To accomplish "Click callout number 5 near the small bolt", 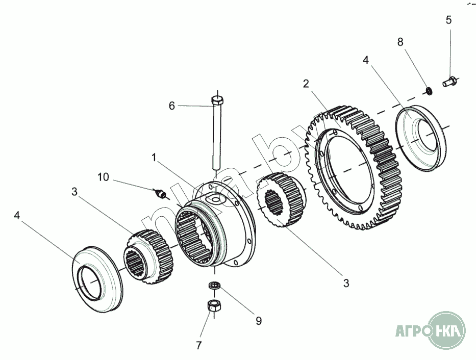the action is [448, 20].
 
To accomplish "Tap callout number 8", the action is [400, 42].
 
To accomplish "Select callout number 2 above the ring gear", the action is [306, 84].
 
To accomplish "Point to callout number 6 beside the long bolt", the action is [172, 106].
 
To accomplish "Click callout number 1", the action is [154, 158].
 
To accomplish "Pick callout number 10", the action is [103, 177].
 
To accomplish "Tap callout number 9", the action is [259, 321].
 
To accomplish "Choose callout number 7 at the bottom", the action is [199, 345].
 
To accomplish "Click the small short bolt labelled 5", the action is [449, 81].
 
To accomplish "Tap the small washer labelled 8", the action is [429, 91].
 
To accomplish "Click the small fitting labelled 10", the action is [160, 193].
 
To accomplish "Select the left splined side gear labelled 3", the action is [148, 256].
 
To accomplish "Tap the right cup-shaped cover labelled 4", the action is [421, 138].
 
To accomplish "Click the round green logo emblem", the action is [446, 330].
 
